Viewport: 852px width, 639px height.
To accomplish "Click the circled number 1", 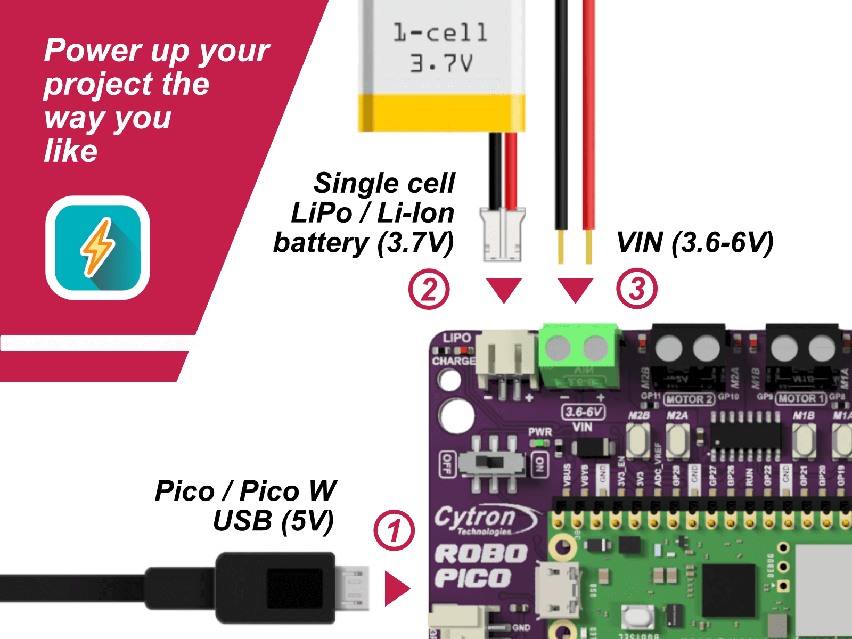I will [x=394, y=530].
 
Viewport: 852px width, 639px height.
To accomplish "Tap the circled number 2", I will [x=429, y=290].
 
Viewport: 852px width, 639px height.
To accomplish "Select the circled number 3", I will [x=637, y=290].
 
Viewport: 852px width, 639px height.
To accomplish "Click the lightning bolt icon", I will [x=97, y=248].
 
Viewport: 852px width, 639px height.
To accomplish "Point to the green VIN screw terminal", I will [x=578, y=356].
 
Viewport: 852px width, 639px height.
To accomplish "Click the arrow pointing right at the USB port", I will [x=396, y=588].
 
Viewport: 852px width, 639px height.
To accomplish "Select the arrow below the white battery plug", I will [x=504, y=289].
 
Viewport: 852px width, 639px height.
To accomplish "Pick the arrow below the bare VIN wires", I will [x=575, y=289].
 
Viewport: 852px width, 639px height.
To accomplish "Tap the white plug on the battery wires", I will [x=502, y=234].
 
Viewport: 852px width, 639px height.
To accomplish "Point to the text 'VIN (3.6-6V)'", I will [x=694, y=243].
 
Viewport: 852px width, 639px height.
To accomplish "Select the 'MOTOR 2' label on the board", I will [x=689, y=399].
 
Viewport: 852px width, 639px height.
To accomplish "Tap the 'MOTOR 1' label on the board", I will [x=800, y=398].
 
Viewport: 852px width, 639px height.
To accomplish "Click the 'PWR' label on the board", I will [x=540, y=432].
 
